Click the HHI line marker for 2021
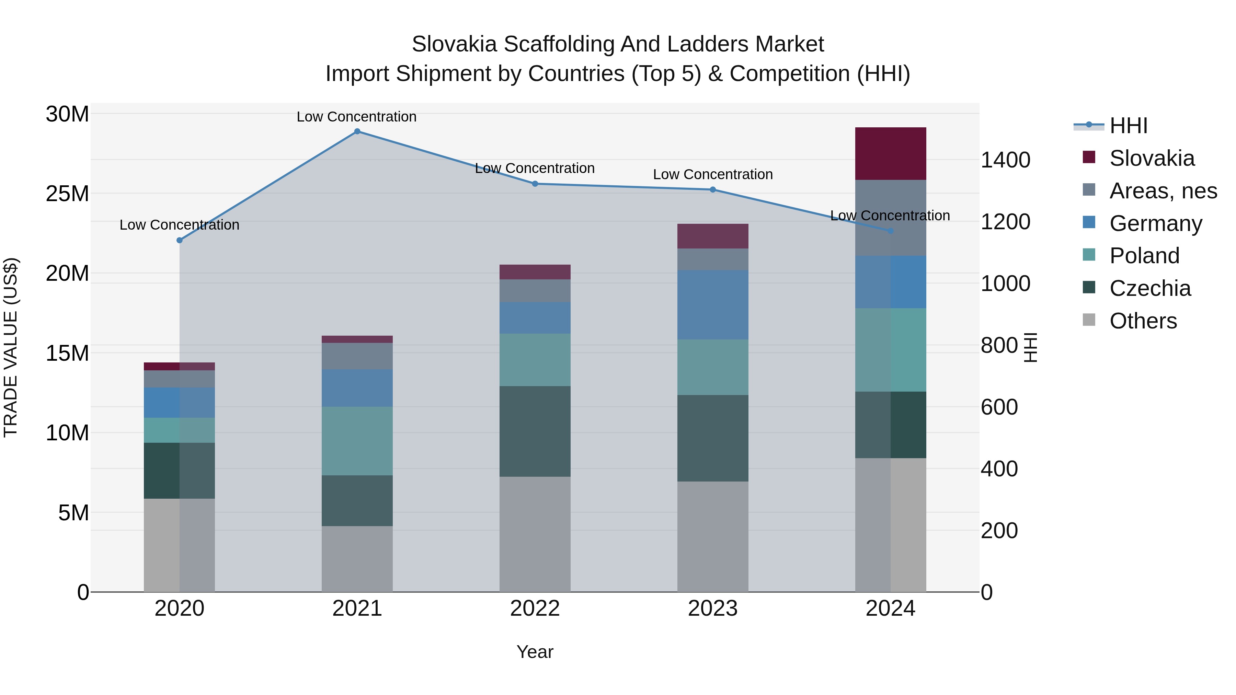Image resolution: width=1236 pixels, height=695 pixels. (357, 131)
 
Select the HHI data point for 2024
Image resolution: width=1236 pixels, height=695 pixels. (891, 231)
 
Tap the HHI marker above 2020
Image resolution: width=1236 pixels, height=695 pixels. (180, 240)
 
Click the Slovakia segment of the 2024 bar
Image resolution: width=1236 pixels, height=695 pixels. (891, 153)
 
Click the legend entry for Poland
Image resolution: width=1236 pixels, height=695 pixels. (1144, 256)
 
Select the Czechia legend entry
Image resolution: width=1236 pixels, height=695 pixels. (1150, 288)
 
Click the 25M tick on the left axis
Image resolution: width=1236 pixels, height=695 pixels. (67, 194)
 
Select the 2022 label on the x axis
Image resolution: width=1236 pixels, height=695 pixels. (535, 609)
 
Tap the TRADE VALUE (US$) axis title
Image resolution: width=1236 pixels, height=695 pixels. (11, 347)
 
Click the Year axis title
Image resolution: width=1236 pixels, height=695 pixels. (535, 652)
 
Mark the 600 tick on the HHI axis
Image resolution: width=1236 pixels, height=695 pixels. (999, 407)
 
